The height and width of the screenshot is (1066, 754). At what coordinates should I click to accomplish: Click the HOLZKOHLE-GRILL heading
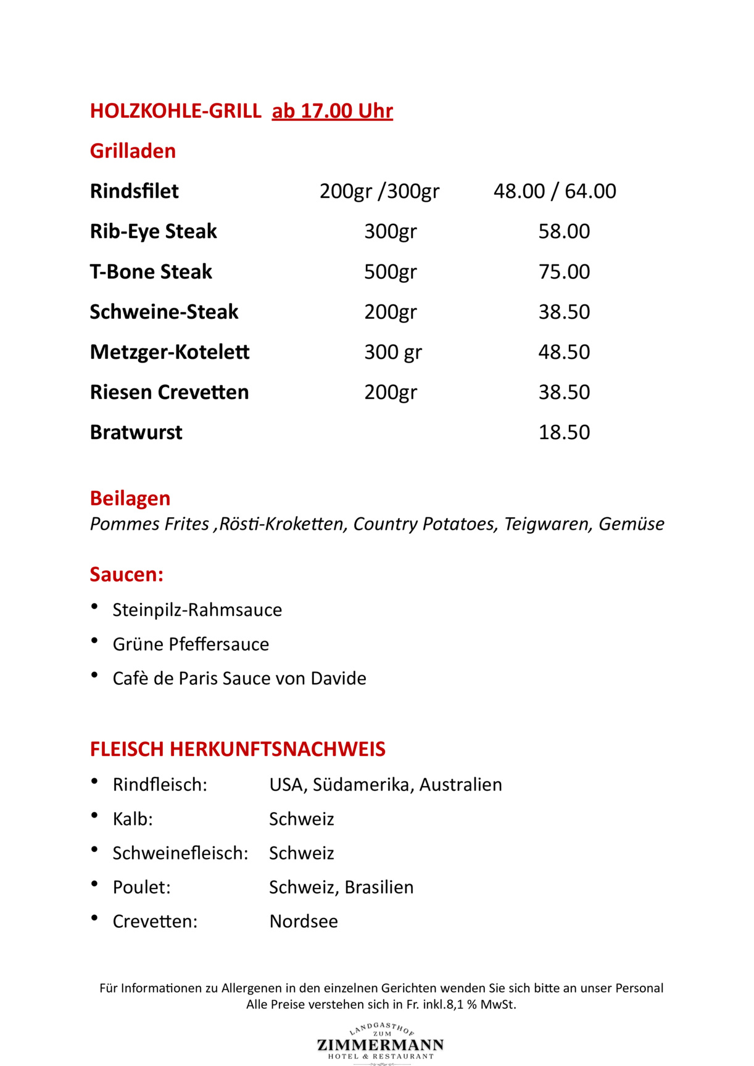pos(175,111)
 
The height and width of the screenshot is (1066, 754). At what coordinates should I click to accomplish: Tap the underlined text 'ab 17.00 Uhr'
pos(332,111)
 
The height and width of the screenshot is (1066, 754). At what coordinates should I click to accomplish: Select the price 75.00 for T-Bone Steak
pos(564,271)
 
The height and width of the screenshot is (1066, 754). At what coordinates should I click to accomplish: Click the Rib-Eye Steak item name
pos(153,231)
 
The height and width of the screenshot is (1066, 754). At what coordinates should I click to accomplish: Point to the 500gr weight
pos(390,271)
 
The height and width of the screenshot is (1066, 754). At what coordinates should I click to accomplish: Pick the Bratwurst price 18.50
pos(564,432)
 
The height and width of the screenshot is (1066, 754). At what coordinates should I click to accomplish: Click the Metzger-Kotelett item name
pos(170,352)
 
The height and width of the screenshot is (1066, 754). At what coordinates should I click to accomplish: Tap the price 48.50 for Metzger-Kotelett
pos(564,352)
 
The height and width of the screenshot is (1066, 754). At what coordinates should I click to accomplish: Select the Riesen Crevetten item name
pos(169,392)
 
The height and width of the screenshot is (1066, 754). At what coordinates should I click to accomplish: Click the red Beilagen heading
pos(130,498)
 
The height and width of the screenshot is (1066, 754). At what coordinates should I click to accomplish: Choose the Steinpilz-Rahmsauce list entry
pos(197,610)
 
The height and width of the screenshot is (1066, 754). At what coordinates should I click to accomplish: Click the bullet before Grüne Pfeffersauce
pos(94,641)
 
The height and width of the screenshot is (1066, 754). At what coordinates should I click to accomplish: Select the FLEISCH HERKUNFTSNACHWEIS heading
pos(238,749)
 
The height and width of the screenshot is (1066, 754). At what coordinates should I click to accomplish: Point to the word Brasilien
pos(379,887)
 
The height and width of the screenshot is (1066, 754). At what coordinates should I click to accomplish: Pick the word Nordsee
pos(304,921)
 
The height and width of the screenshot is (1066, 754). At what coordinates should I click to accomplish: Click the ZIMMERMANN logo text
pos(380,1044)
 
